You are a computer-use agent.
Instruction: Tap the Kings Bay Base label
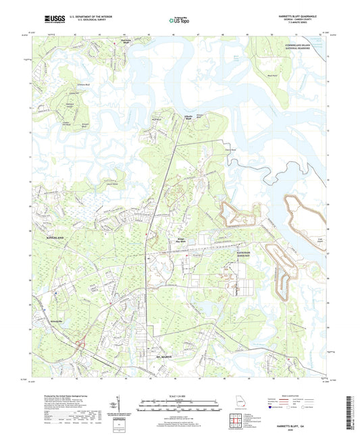tap(174, 239)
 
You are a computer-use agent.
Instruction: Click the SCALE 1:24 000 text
tap(179, 396)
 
